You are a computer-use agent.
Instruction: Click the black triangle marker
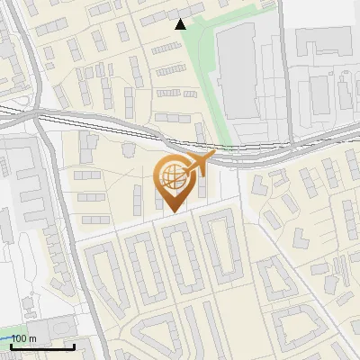click(181, 24)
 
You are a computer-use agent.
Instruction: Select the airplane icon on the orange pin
click(198, 163)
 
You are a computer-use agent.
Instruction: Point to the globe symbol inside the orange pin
click(170, 179)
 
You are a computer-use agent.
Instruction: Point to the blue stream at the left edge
click(7, 338)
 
